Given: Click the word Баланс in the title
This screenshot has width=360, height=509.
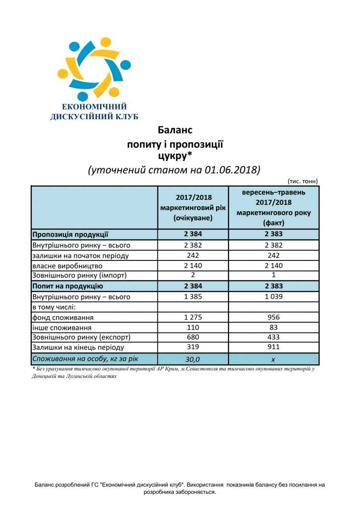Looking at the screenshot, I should (x=175, y=129).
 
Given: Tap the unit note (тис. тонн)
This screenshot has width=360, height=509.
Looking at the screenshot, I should (x=303, y=181).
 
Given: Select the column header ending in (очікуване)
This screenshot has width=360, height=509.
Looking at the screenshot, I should (x=193, y=207).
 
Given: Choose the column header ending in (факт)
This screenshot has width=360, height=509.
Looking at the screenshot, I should (x=273, y=207).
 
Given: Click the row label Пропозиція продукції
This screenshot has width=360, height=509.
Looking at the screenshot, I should (x=70, y=234).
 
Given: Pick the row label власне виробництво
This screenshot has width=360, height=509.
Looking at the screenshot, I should (x=67, y=266).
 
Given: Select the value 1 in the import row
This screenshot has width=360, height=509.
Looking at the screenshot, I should (x=273, y=275).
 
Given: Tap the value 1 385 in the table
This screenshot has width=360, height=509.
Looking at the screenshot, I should (x=193, y=297).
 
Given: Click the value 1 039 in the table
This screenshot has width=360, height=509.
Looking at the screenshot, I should (x=273, y=297).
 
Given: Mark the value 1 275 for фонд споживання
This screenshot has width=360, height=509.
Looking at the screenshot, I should (x=193, y=317).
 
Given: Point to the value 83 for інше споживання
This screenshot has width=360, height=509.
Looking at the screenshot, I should (x=273, y=327).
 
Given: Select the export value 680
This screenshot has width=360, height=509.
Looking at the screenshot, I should (x=193, y=337).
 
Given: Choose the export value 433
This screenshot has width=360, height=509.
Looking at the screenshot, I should (x=273, y=337).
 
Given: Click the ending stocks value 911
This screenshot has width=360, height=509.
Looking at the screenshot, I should (x=273, y=347).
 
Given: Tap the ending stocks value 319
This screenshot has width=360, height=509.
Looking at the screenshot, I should (x=193, y=347).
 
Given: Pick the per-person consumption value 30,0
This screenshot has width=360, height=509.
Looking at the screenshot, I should (x=193, y=359).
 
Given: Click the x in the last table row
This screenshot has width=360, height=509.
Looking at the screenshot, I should (x=273, y=359).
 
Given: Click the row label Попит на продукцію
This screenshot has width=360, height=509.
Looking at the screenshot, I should (x=67, y=286).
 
